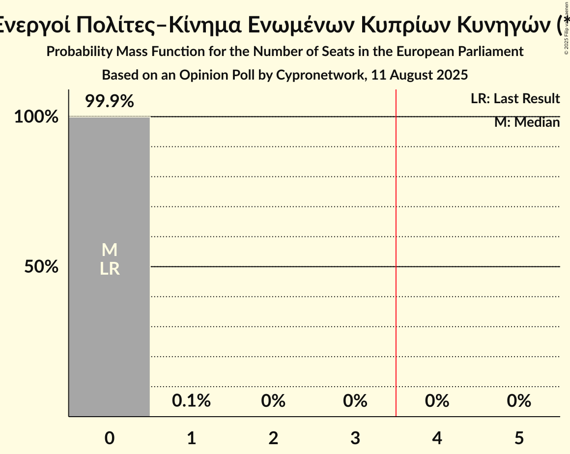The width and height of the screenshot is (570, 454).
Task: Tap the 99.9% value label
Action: point(109,102)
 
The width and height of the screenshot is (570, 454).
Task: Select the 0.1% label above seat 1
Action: point(191,401)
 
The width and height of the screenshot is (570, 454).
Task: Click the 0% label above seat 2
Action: point(273,401)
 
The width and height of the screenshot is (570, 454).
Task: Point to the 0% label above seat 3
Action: point(355,401)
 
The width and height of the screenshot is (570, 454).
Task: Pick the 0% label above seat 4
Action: point(437,401)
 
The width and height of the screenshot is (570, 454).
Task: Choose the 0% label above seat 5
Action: point(519,401)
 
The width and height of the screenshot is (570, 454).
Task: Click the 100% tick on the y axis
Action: point(36,117)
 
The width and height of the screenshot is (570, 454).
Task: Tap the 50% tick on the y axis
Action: point(41,267)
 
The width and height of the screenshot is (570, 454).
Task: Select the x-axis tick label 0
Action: point(109,438)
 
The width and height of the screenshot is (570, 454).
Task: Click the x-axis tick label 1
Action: point(191,438)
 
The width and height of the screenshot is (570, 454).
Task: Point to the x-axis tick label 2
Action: point(273,438)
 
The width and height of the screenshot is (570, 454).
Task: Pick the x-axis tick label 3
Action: point(355,438)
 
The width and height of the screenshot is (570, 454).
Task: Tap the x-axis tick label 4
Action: point(437,438)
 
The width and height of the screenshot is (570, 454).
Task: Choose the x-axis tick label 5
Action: point(519,438)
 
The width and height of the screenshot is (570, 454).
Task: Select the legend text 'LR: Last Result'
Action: point(515,99)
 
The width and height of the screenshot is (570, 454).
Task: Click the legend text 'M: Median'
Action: point(527,122)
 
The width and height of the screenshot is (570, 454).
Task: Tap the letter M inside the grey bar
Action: point(109,250)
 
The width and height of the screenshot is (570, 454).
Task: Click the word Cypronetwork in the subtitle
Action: point(320,75)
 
